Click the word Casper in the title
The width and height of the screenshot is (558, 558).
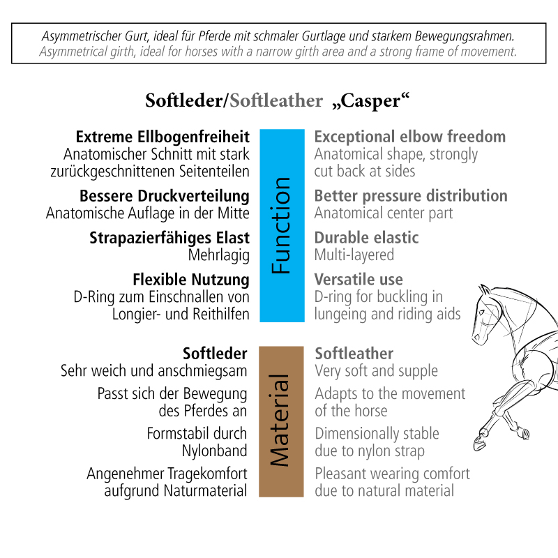pos(370,100)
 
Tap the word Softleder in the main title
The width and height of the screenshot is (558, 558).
pos(183,100)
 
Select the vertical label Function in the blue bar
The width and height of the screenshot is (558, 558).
pos(281,225)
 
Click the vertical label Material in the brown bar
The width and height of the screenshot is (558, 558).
pos(280,420)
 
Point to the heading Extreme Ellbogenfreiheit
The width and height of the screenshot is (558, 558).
pos(163,137)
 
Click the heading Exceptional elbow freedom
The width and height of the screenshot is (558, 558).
pos(410,137)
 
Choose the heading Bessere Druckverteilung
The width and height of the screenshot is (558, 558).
pos(165,196)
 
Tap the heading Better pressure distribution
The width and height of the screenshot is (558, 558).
pos(411,196)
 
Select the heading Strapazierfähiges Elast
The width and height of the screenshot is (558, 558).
pos(169,238)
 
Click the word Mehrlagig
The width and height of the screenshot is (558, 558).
pos(219,255)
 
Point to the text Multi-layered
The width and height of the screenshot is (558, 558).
pos(354,255)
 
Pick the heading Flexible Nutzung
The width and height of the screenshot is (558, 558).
pos(191,280)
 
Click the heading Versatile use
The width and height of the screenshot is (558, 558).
pos(359,280)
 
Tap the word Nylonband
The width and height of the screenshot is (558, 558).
pos(215,451)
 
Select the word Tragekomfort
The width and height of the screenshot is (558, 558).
pos(207,474)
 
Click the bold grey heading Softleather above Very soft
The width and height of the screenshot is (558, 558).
pos(354,354)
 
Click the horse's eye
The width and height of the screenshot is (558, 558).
pos(481,313)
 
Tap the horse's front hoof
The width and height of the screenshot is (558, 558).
pos(479,443)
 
